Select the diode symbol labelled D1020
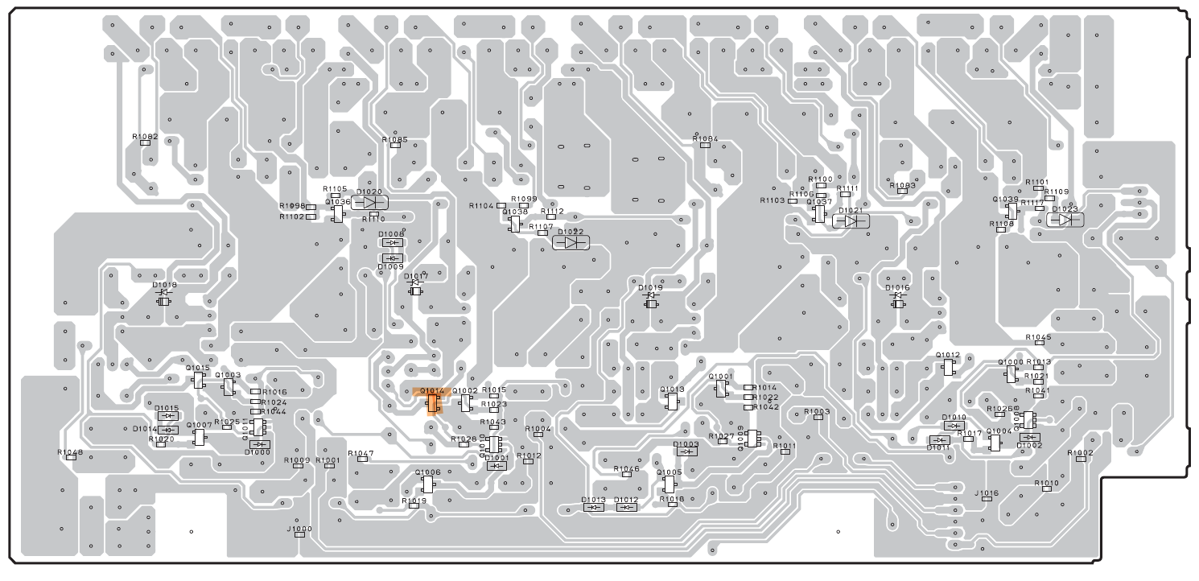coord(370,202)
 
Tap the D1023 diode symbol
coord(1064,219)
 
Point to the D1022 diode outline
coord(572,242)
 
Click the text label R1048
coord(70,452)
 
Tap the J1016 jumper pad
coord(988,500)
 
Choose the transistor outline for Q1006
coord(428,483)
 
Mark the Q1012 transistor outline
coord(949,367)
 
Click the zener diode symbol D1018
coord(164,300)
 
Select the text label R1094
coord(705,138)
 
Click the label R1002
coord(1080,453)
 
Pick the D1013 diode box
coord(593,507)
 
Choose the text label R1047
coord(361,454)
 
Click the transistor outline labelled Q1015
coord(198,381)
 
